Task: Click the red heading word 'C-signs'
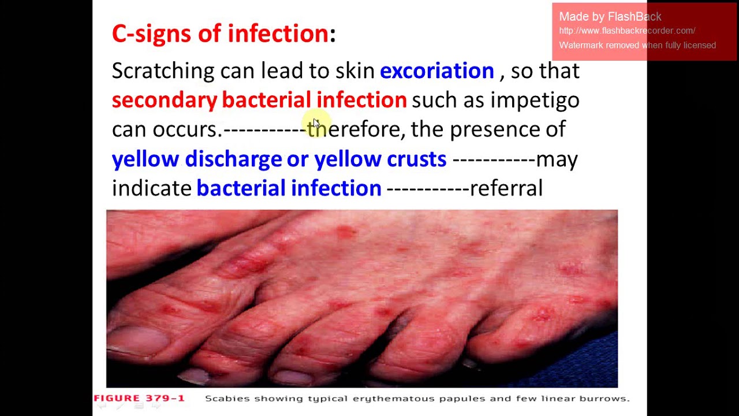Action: (151, 34)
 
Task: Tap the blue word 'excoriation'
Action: (436, 71)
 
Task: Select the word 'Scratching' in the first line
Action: (163, 71)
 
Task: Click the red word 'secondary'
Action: (164, 101)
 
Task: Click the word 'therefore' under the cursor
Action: (354, 129)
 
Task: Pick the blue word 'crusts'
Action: (416, 159)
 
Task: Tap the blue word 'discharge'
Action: (233, 159)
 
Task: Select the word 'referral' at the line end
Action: (506, 188)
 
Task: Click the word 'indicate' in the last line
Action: (151, 188)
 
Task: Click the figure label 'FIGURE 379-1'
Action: (139, 398)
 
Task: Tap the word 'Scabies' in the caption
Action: (227, 399)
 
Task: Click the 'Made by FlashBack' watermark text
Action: (610, 17)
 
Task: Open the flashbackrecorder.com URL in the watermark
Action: (627, 31)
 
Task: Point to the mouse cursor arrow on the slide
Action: (316, 124)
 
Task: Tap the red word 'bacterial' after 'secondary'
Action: (266, 101)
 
